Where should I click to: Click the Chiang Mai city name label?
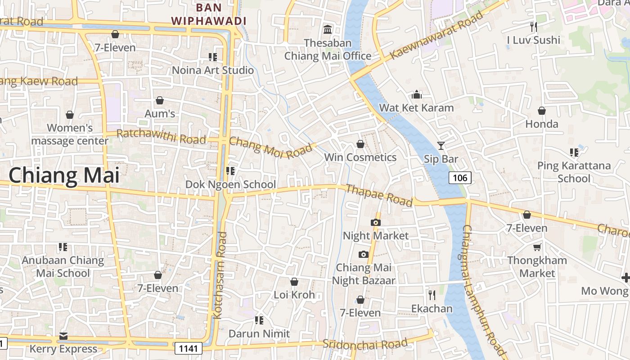64,175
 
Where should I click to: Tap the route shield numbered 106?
460,178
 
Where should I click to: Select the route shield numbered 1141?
189,348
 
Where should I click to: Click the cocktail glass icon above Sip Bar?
441,145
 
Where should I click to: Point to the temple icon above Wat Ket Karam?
417,94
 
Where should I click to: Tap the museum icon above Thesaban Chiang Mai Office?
328,30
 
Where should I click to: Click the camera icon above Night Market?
375,222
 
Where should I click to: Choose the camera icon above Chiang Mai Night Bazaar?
364,255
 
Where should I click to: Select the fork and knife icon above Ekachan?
432,295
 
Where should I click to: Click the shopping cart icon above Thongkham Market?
537,247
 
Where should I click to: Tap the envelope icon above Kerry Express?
63,336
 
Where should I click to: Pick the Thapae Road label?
379,195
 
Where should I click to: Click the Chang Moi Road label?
270,147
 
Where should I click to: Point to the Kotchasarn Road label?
220,275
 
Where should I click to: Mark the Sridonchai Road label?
365,344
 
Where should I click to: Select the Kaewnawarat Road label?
436,36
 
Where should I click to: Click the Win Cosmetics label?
360,157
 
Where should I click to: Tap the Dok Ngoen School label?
231,184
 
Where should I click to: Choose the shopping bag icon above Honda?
542,111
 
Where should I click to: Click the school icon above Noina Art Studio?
213,57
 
